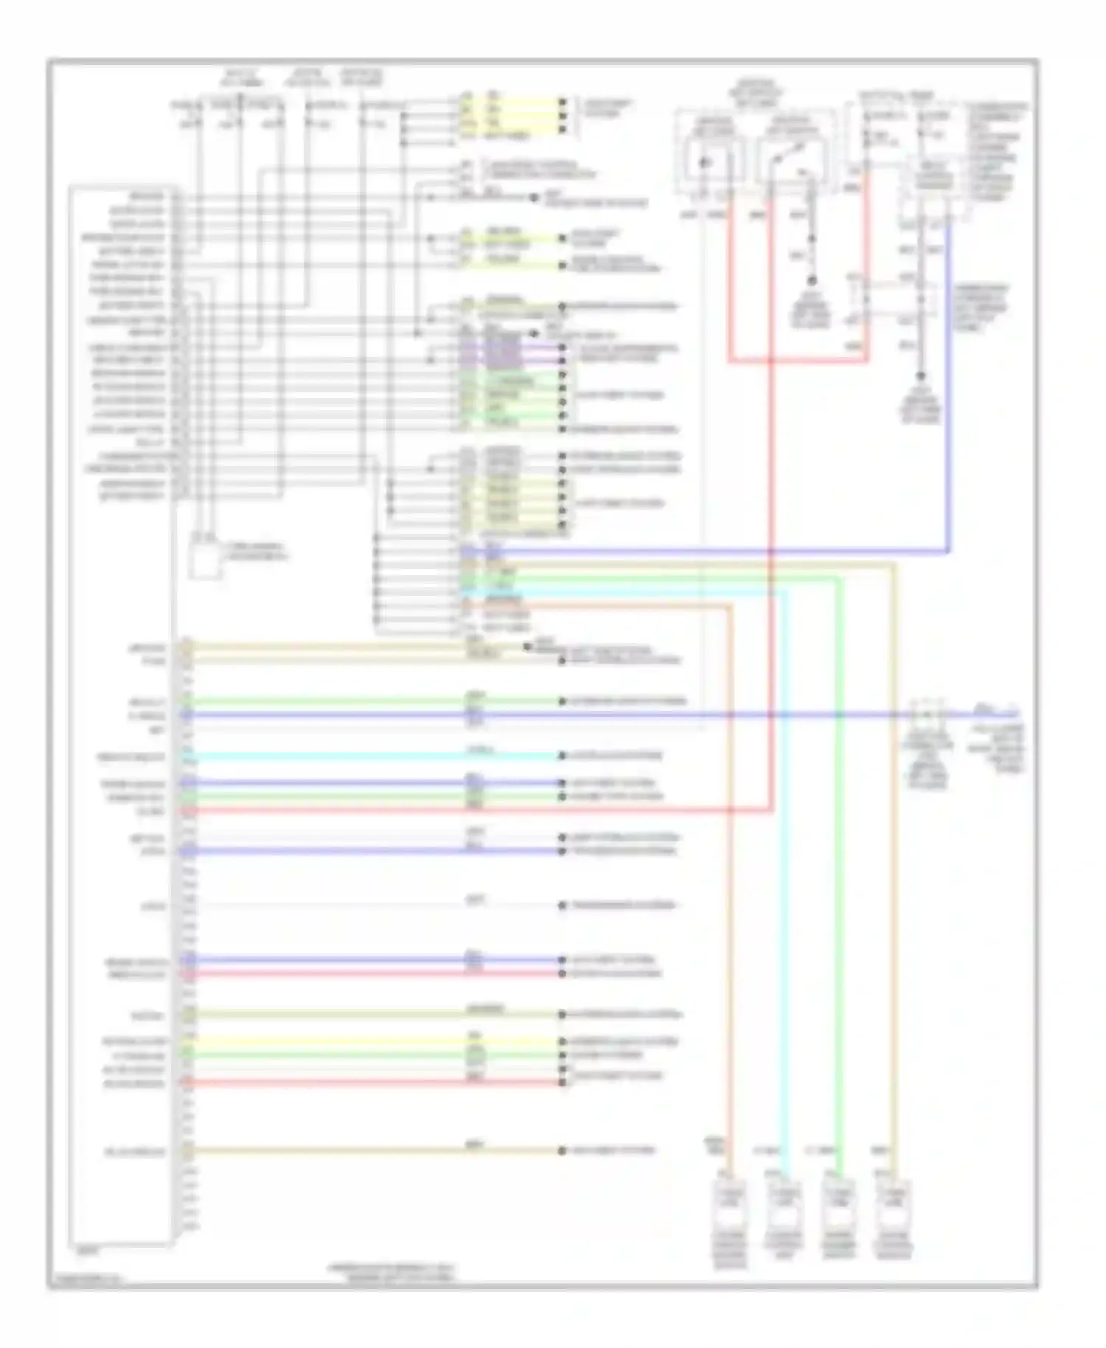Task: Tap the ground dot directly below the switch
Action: tap(813, 281)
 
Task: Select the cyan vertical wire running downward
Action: tap(784, 885)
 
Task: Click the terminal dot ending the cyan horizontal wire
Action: tap(562, 756)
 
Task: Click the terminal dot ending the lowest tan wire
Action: tap(562, 1150)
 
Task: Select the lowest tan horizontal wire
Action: tap(369, 1150)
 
